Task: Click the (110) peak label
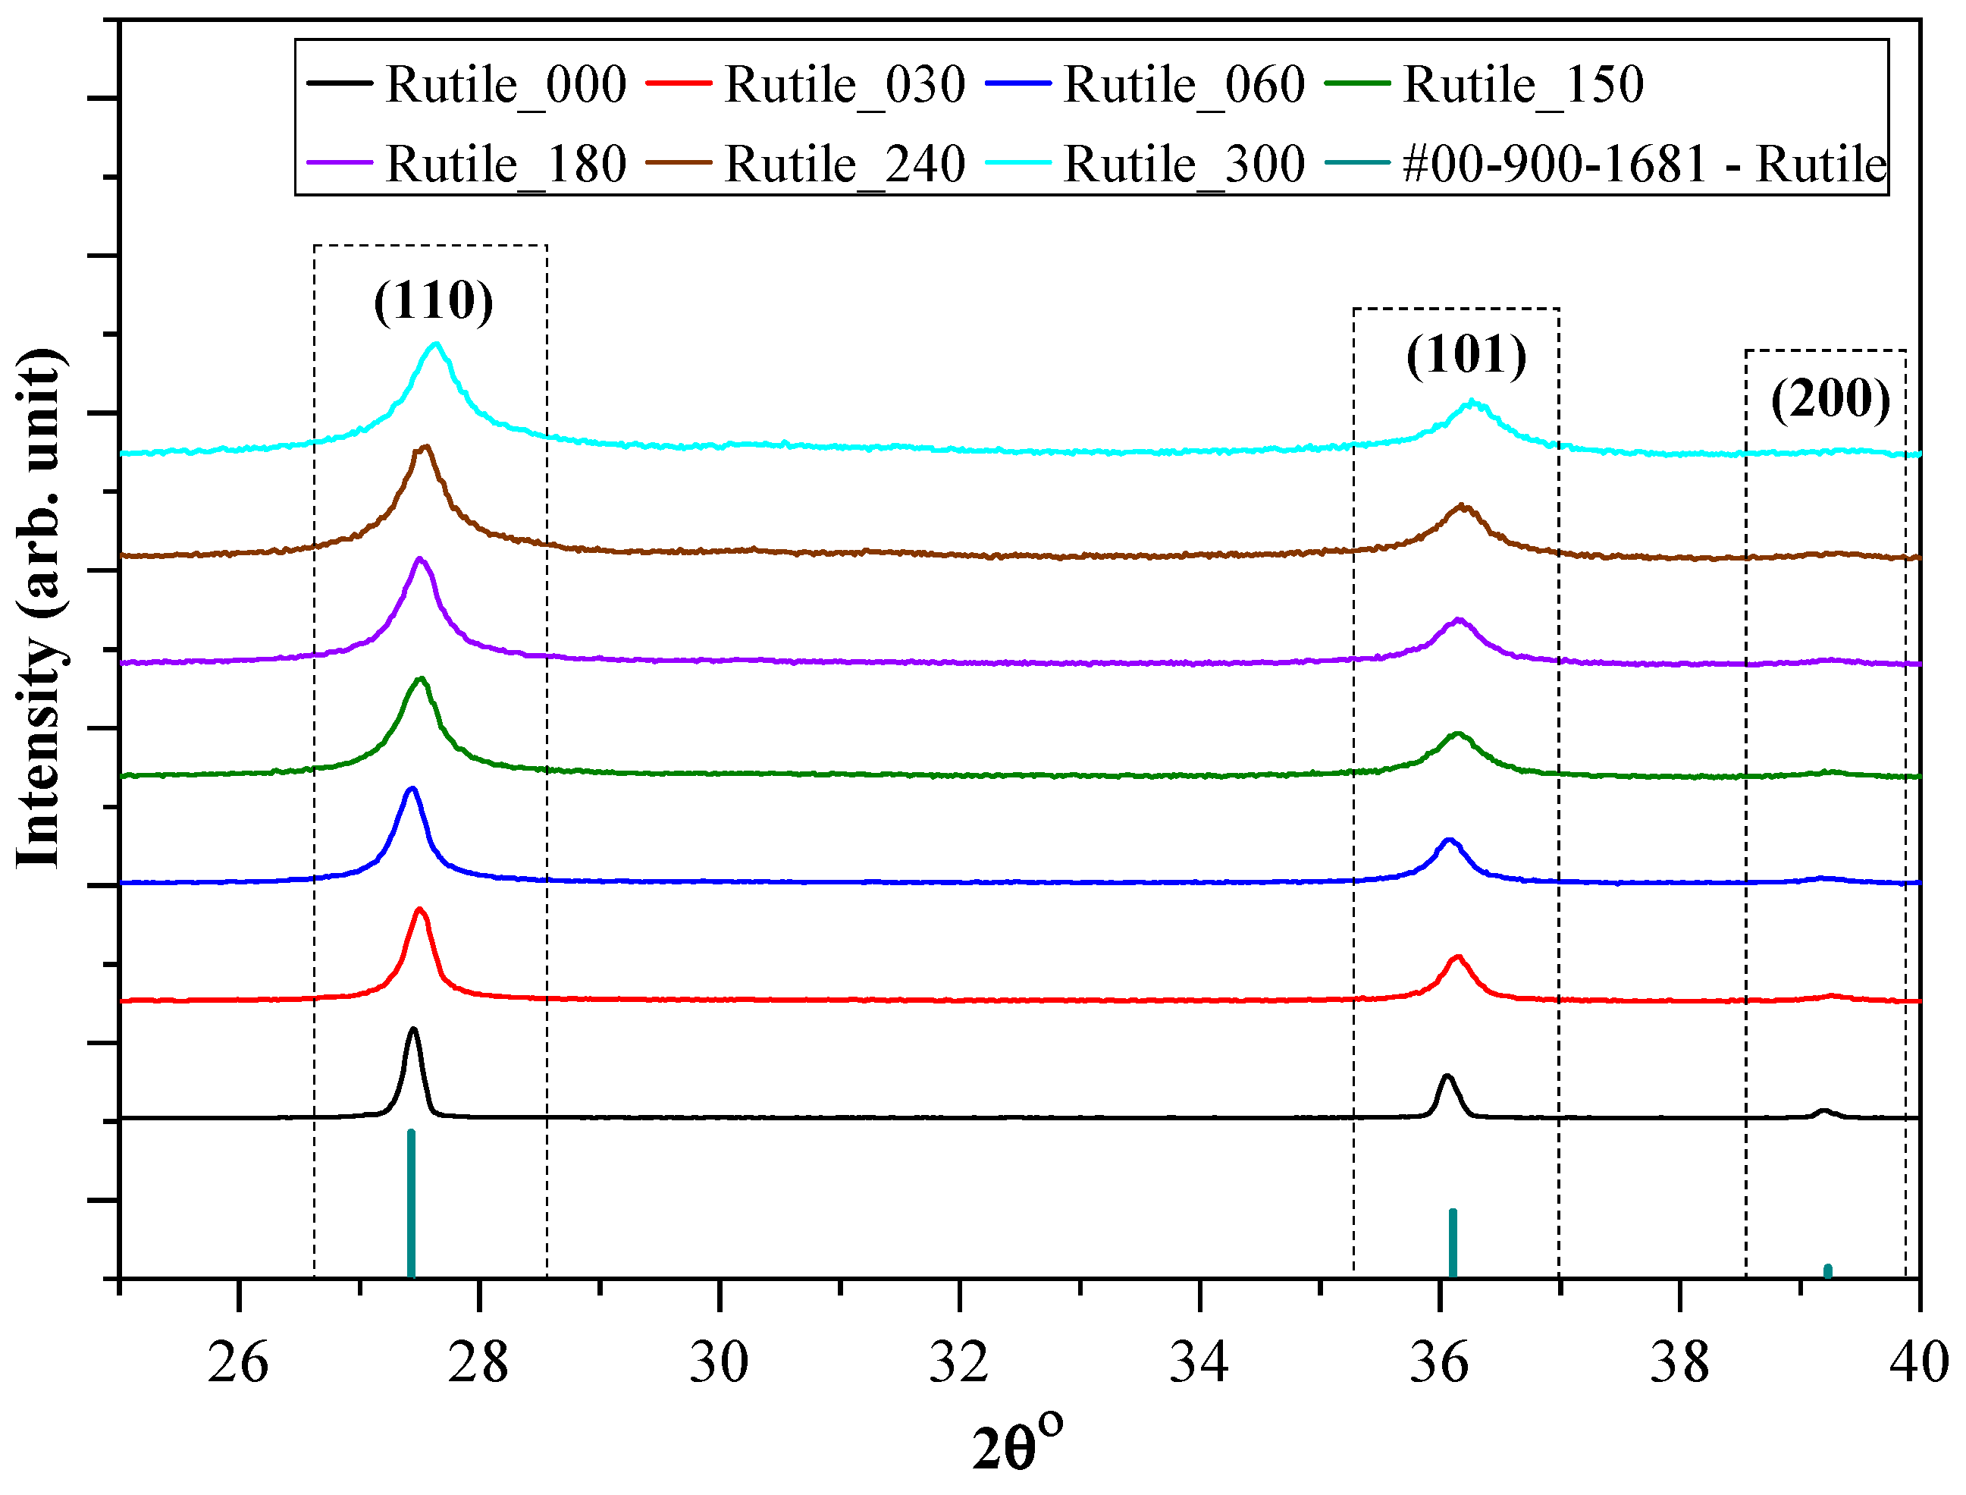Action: pyautogui.click(x=433, y=301)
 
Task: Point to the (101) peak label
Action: pyautogui.click(x=1466, y=355)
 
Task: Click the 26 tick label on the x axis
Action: pyautogui.click(x=237, y=1362)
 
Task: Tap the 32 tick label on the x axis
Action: pyautogui.click(x=959, y=1362)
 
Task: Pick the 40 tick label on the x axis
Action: pyautogui.click(x=1920, y=1362)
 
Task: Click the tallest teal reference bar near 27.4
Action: pyautogui.click(x=411, y=1206)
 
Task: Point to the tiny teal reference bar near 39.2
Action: pyautogui.click(x=1827, y=1270)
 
